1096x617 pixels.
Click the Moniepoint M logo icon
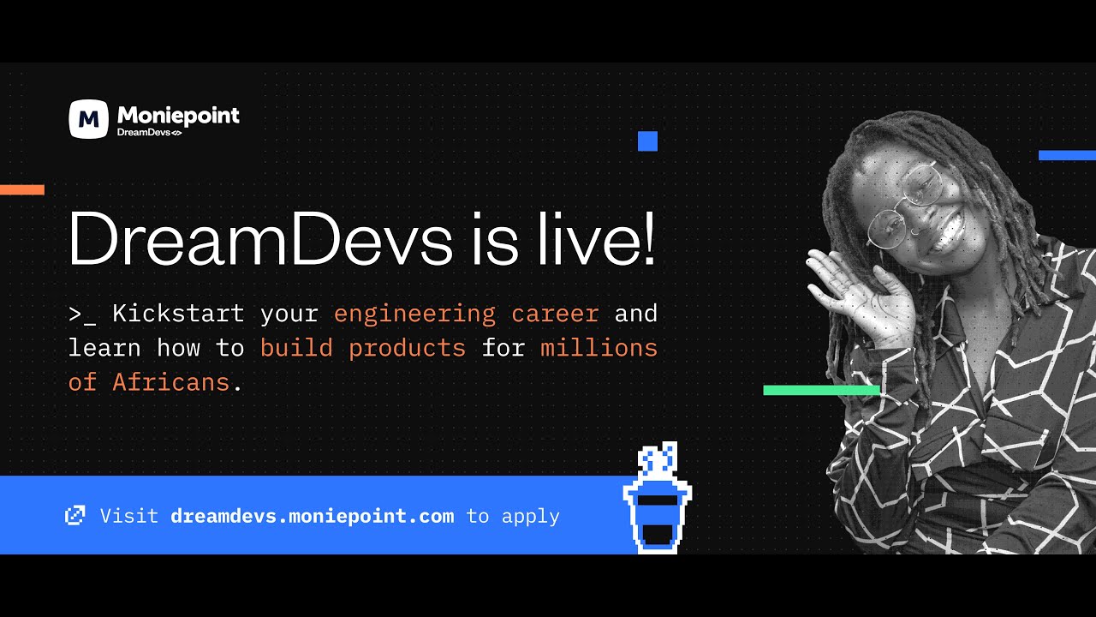coord(88,119)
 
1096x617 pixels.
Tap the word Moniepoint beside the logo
coord(178,116)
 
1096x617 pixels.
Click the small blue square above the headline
coord(647,141)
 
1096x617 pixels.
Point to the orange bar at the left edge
coord(21,189)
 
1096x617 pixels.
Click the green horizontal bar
coord(821,390)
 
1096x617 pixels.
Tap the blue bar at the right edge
coord(1067,155)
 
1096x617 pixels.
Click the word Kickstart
coord(177,314)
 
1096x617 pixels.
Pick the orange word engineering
coord(414,314)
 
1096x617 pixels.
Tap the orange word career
coord(555,314)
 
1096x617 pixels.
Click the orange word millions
coord(599,348)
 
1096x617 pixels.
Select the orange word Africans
coord(171,382)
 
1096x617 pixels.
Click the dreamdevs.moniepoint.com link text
coord(312,516)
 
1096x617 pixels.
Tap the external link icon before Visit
coord(75,515)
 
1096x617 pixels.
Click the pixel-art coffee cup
coord(657,506)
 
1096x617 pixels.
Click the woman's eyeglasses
coord(904,206)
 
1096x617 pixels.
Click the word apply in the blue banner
coord(530,517)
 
